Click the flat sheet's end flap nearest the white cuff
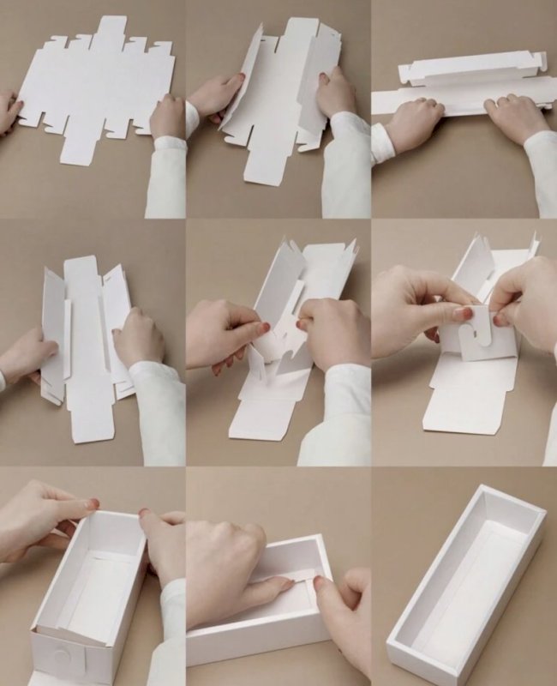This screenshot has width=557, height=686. (x=77, y=147)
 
